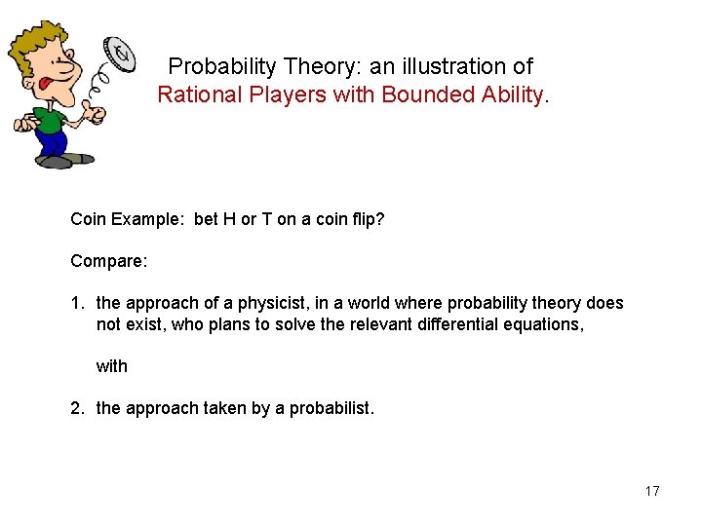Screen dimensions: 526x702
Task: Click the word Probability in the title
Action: (x=223, y=66)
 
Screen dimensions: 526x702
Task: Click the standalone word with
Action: (x=111, y=366)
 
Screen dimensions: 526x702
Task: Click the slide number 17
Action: (x=652, y=491)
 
